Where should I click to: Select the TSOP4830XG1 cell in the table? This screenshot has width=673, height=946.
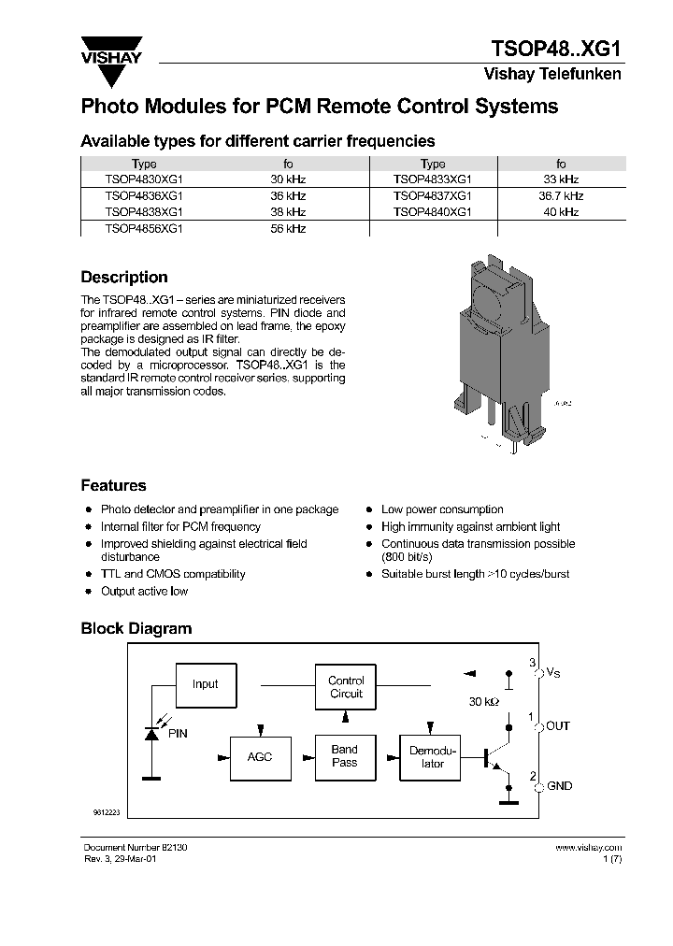(x=144, y=179)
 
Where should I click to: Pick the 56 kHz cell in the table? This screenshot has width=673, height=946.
(x=288, y=228)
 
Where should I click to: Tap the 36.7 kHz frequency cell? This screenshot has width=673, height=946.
(x=561, y=196)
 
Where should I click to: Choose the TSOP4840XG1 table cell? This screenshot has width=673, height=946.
(x=433, y=212)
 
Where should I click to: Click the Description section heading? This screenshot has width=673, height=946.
(x=124, y=278)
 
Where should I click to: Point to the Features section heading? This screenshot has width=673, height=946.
(x=113, y=486)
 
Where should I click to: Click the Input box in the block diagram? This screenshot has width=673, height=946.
(x=205, y=684)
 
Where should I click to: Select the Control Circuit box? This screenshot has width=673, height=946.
(x=346, y=688)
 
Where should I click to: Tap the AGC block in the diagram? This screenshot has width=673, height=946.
(x=260, y=756)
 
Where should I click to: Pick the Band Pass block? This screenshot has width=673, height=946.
(x=345, y=756)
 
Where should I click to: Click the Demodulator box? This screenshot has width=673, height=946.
(x=433, y=757)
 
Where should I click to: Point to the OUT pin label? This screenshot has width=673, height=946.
(x=558, y=726)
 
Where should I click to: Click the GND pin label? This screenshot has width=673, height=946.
(x=559, y=787)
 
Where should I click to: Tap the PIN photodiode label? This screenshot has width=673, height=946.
(x=178, y=734)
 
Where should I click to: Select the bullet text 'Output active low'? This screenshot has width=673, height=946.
(x=144, y=592)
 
